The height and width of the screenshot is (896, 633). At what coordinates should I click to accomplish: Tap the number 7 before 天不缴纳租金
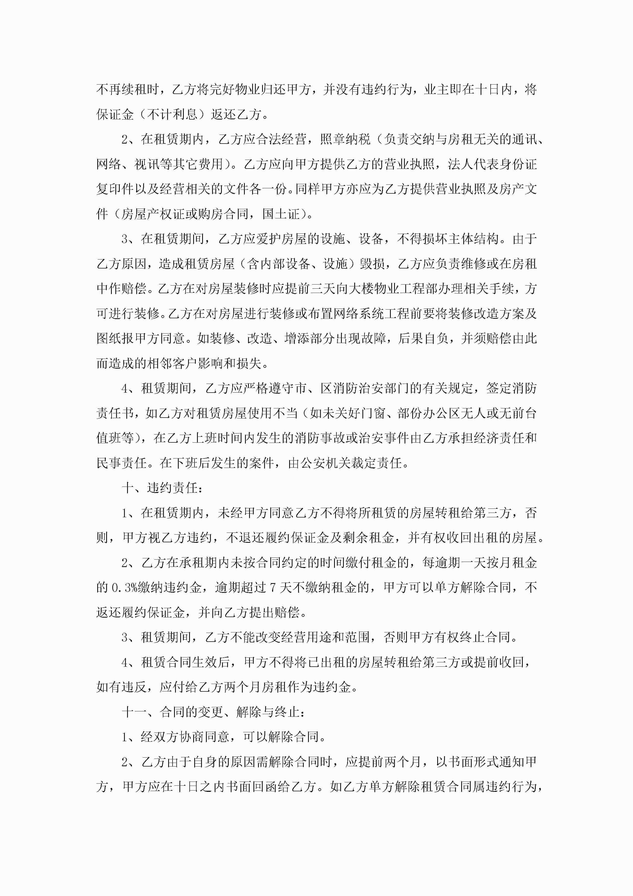click(x=273, y=587)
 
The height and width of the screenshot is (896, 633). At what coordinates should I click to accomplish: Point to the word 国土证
click(x=281, y=214)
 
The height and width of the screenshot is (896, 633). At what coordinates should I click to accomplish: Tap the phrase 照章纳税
click(x=345, y=139)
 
